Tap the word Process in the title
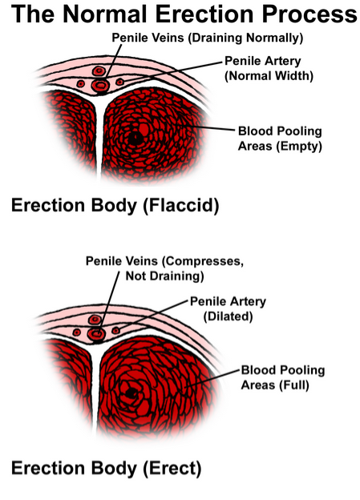coord(309,14)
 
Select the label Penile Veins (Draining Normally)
coord(208,38)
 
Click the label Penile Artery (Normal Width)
coord(269,68)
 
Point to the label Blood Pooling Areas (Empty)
coord(280,139)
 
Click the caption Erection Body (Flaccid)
coord(115,205)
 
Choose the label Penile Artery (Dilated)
coord(228,308)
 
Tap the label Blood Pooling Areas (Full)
coord(283,377)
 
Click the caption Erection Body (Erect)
coord(107,469)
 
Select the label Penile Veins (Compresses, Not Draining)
coord(164,268)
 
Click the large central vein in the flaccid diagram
coord(100,86)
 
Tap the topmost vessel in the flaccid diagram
coord(99,71)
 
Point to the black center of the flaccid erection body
coord(136,138)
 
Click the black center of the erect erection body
coord(130,393)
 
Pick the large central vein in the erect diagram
coord(97,334)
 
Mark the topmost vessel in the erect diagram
coord(95,319)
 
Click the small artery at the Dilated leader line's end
coord(115,330)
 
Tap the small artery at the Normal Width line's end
coord(119,82)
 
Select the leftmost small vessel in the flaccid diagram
coord(80,84)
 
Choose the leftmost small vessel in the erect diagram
coord(76,333)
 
